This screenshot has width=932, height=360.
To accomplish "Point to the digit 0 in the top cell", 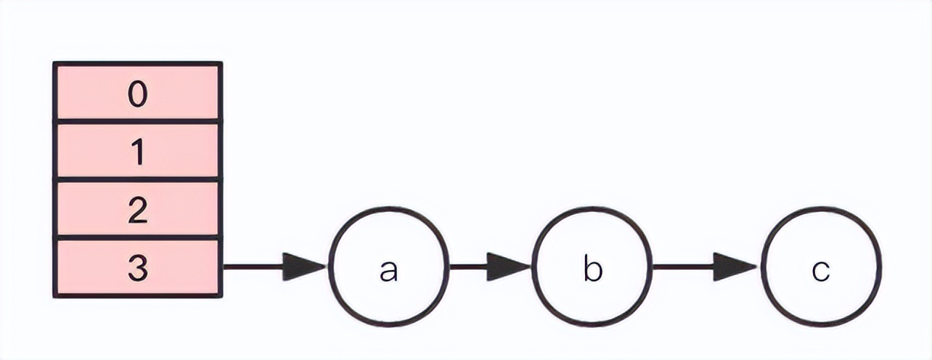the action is pos(138,95).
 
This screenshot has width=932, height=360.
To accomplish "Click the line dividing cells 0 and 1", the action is pos(138,122).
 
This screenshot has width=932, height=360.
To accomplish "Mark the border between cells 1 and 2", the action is pos(138,179).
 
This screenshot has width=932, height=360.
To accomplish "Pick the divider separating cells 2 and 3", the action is pos(138,237).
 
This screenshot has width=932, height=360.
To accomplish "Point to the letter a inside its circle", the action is pos(390,270).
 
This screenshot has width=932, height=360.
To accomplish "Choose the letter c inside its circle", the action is pos(821,270).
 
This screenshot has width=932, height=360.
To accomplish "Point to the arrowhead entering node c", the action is pos(735,266).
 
